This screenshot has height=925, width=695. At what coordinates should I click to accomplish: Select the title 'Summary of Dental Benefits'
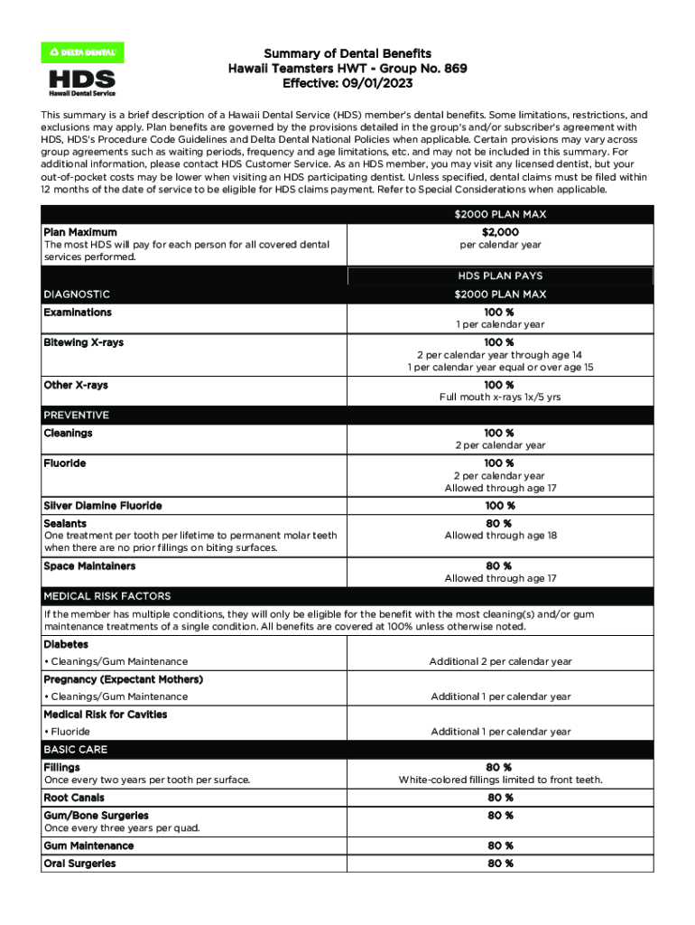(x=347, y=53)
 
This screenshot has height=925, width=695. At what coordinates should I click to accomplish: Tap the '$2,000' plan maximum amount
(x=499, y=232)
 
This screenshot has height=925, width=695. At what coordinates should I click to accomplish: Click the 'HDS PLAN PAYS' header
(x=499, y=276)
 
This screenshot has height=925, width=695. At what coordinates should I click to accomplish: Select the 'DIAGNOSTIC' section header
(x=78, y=294)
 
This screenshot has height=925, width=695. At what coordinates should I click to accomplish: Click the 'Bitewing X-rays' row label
(x=76, y=343)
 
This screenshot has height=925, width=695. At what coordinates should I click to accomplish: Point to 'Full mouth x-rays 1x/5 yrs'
(x=499, y=397)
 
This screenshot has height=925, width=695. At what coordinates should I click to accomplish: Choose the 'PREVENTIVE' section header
(x=77, y=416)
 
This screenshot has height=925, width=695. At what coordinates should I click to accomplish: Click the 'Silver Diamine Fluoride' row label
(x=103, y=506)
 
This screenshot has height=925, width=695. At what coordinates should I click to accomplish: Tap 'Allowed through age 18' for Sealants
(x=499, y=536)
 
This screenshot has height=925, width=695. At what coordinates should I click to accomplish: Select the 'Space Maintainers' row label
(x=89, y=566)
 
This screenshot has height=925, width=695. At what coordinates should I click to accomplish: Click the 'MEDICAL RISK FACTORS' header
(x=107, y=596)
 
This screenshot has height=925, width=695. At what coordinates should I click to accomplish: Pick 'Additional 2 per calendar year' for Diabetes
(x=500, y=662)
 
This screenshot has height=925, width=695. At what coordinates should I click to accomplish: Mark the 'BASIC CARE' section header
(x=76, y=750)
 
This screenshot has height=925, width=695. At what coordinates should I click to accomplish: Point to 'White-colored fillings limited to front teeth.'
(x=500, y=780)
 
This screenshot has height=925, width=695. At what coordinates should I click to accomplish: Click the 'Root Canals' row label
(x=74, y=798)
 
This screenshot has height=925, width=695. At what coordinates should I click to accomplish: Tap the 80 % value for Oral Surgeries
(x=499, y=864)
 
